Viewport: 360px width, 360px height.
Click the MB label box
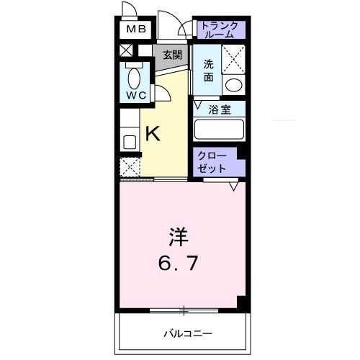pos(135,30)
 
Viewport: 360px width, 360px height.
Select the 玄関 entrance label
pos(171,55)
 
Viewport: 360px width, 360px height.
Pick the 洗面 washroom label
pos(208,68)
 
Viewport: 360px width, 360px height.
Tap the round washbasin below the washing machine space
pos(233,85)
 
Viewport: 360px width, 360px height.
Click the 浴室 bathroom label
pos(219,109)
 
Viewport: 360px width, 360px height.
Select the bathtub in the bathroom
pos(219,130)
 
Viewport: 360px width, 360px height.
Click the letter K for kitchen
pos(153,133)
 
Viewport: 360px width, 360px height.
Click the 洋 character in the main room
pos(179,238)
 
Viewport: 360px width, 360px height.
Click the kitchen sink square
pos(130,140)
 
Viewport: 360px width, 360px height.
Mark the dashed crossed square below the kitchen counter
pos(130,167)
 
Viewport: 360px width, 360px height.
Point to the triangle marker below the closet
pos(233,186)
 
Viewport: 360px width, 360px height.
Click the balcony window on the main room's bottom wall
pos(184,310)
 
